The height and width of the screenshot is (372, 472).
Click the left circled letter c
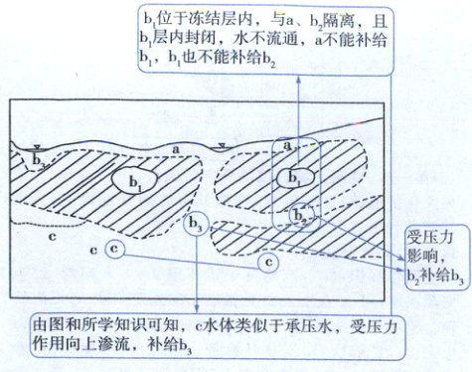[115, 247]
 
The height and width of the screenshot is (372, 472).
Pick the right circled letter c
[265, 261]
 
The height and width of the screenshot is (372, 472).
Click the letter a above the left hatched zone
[176, 148]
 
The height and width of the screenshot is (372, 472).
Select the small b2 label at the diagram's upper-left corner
[39, 159]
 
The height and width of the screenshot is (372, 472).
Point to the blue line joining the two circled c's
[189, 255]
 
